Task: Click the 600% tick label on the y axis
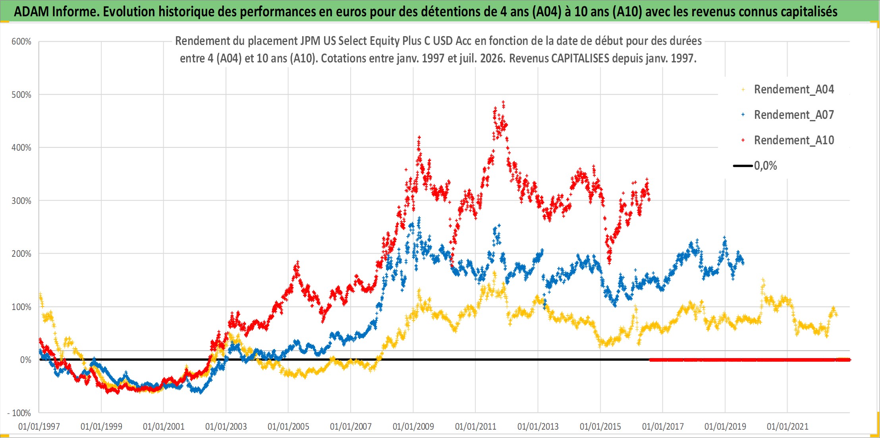click(21, 42)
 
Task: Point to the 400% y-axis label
click(21, 148)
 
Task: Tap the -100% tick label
click(19, 413)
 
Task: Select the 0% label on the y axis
click(26, 360)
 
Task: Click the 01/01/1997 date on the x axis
click(39, 426)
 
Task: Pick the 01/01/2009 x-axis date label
click(413, 426)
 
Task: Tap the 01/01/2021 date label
click(788, 426)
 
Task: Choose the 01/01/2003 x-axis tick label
click(226, 426)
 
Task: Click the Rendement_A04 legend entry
click(794, 89)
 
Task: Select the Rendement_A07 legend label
click(794, 115)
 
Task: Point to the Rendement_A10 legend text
click(794, 140)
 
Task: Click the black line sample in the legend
click(743, 166)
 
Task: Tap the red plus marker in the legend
click(743, 140)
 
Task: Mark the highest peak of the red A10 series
click(504, 103)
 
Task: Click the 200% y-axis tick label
click(21, 254)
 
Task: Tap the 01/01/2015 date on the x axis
click(600, 426)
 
